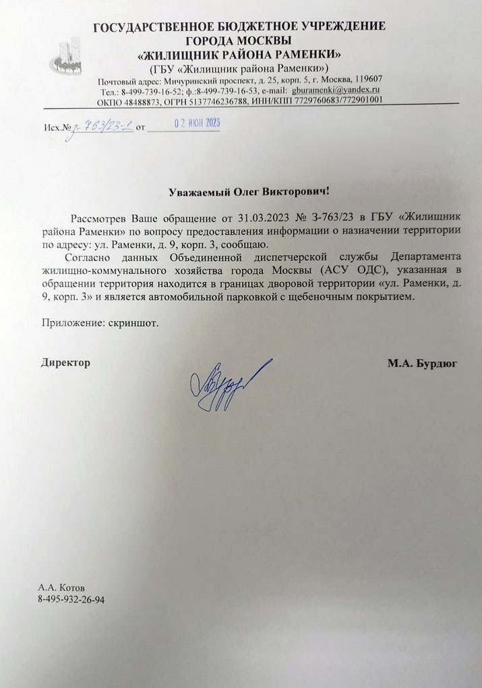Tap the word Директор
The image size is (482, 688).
[x=65, y=363]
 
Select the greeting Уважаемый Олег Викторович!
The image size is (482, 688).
[x=249, y=192]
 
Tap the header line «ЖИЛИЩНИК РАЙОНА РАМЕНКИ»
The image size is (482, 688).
[x=239, y=54]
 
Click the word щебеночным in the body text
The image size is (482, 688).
[x=335, y=297]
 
